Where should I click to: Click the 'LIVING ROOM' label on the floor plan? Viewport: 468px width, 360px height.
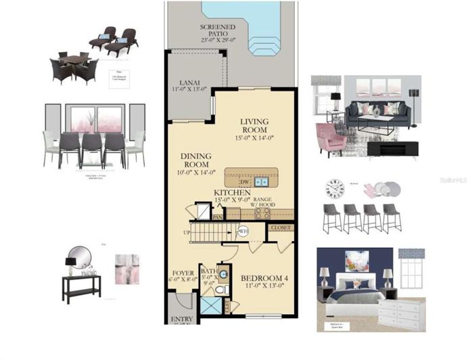pos(254,125)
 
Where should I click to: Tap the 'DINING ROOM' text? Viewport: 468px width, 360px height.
pos(197,160)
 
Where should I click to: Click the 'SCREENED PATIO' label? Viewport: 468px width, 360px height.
pos(218,31)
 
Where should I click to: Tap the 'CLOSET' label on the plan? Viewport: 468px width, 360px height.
pos(281,228)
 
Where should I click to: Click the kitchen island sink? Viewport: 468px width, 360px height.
pos(261,181)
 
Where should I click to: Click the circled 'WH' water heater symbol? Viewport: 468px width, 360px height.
pos(243,231)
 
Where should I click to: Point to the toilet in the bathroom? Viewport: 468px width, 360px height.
pos(220,289)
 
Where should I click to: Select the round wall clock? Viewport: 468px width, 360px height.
pos(335,188)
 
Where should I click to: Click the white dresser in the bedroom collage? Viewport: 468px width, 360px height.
pos(399,313)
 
